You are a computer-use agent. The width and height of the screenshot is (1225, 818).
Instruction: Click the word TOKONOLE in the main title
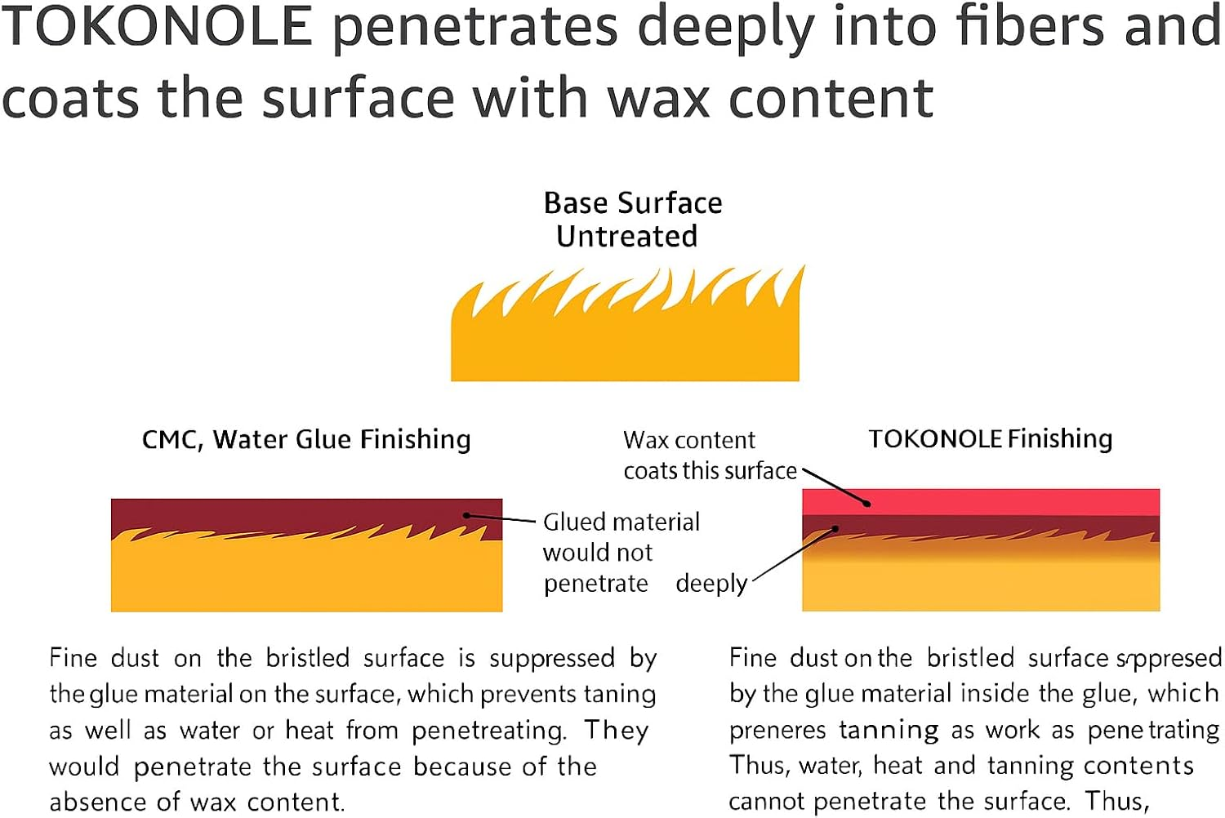[157, 26]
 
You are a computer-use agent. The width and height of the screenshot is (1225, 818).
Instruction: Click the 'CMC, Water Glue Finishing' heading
[306, 440]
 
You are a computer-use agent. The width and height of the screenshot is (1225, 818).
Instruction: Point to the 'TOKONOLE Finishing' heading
[990, 439]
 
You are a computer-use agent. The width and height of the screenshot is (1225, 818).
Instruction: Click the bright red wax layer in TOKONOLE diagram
[980, 501]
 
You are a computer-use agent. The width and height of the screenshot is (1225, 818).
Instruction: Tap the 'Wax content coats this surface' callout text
[709, 456]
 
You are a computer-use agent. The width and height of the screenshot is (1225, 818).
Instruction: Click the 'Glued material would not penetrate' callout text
[621, 553]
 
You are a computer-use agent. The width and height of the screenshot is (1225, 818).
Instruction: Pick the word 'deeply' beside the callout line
[711, 584]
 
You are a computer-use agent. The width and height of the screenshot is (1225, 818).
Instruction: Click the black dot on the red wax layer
[867, 504]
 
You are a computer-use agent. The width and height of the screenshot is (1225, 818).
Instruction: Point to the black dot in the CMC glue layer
[466, 515]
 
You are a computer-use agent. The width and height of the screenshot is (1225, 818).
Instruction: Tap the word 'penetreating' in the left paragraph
[488, 731]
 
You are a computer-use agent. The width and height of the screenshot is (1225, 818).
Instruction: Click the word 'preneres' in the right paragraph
[777, 730]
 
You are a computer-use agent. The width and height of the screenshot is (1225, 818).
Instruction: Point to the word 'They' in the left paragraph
[616, 730]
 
